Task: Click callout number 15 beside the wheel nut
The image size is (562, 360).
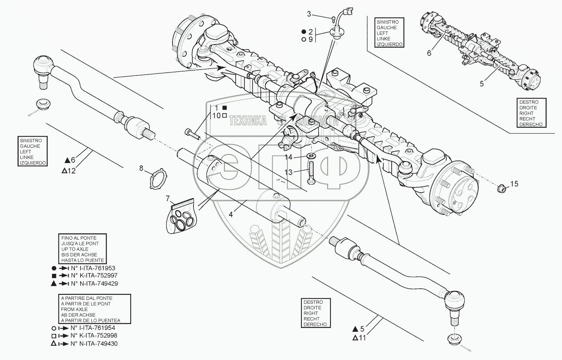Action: point(514,184)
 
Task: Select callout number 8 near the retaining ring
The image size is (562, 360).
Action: point(141,168)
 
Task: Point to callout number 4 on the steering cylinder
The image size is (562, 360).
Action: point(231,214)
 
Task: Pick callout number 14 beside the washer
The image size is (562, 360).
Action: point(288,157)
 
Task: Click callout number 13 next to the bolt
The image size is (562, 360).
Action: point(288,172)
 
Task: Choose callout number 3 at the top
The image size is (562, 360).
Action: point(309,14)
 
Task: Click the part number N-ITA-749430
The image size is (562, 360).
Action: point(94,344)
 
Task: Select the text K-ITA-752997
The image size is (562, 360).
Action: point(94,275)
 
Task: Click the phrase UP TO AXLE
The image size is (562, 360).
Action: point(75,249)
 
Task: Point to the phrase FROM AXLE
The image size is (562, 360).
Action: point(74,309)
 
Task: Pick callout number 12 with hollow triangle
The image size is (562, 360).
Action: point(72,171)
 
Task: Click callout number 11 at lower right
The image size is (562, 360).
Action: point(362,338)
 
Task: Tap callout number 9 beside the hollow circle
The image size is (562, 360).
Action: point(310,39)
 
